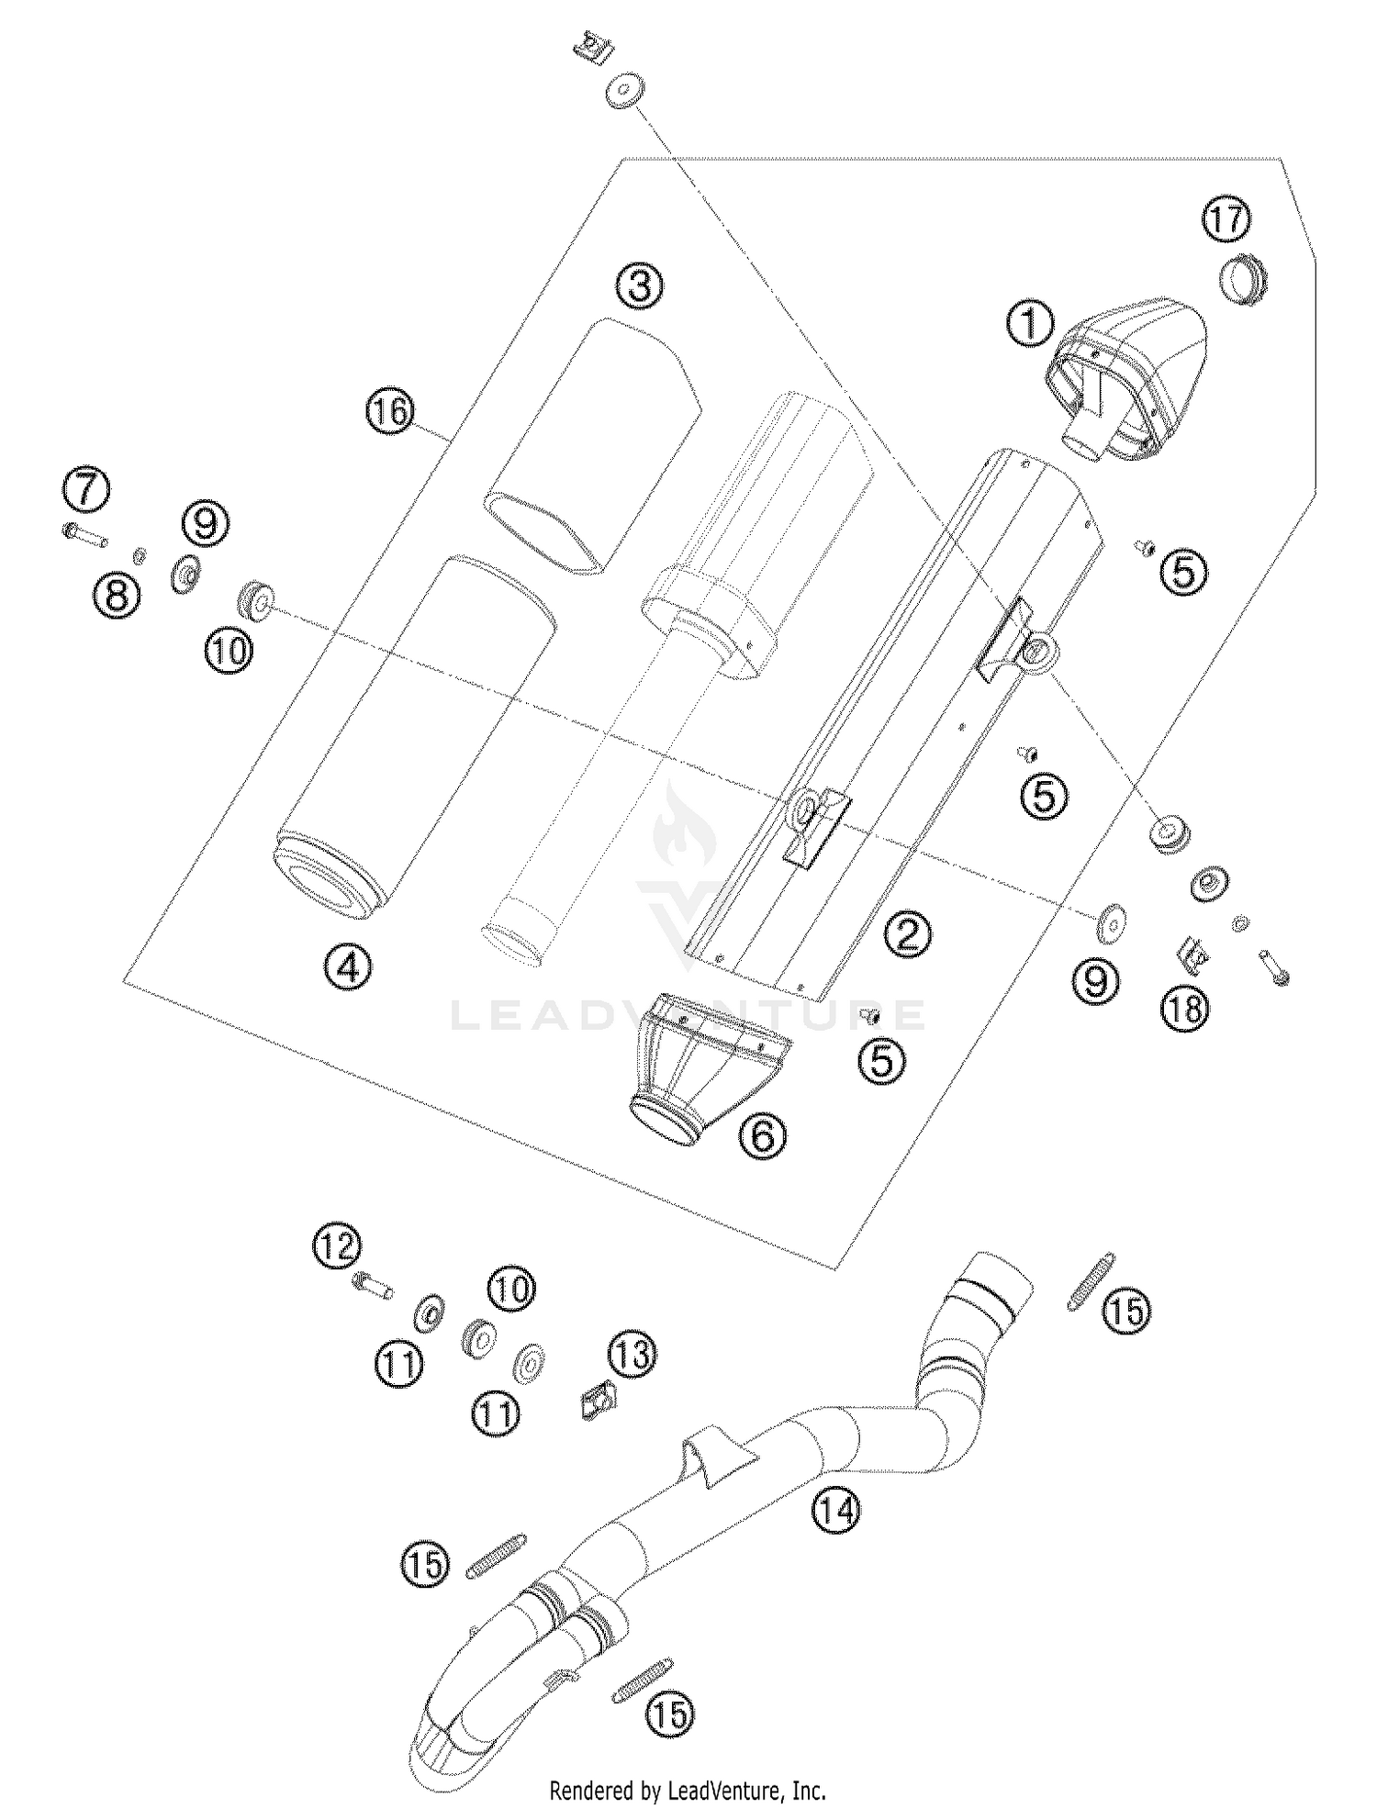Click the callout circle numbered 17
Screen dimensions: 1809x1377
pyautogui.click(x=1226, y=220)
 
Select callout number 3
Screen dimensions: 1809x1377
pyautogui.click(x=639, y=286)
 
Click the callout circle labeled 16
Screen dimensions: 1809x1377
pyautogui.click(x=390, y=411)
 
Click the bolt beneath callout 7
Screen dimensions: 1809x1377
pyautogui.click(x=85, y=534)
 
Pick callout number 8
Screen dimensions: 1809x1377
pyautogui.click(x=118, y=597)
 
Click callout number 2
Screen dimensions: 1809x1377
pyautogui.click(x=907, y=935)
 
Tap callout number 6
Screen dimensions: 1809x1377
pyautogui.click(x=763, y=1137)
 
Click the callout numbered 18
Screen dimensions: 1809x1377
pyautogui.click(x=1185, y=1010)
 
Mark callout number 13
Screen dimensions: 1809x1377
pyautogui.click(x=633, y=1354)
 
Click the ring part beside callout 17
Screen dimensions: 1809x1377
pyautogui.click(x=1243, y=280)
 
